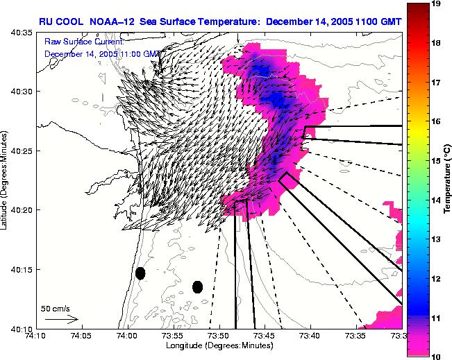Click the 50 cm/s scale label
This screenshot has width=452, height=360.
click(53, 308)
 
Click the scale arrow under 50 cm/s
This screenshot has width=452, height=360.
click(61, 319)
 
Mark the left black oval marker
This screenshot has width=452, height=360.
click(140, 273)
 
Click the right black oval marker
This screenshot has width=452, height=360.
click(197, 286)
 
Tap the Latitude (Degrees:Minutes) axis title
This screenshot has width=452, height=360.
click(6, 180)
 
